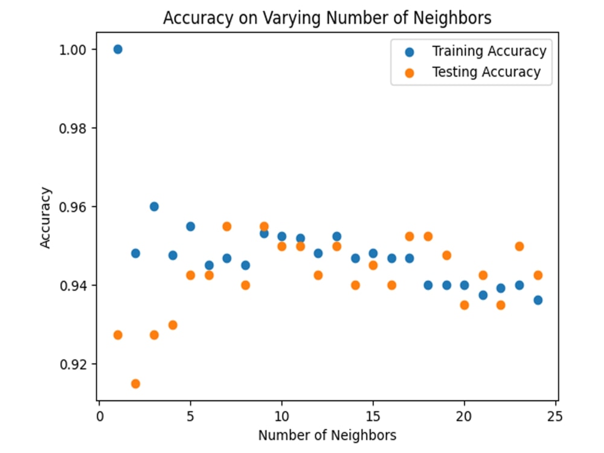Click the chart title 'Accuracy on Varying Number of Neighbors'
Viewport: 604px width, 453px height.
(327, 19)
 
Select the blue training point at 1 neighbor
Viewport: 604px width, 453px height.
(118, 50)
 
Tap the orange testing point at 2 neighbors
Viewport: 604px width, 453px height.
(135, 384)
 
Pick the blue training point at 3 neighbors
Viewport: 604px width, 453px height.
(154, 207)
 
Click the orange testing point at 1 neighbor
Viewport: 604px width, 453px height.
(118, 335)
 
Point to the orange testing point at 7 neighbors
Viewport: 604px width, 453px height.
(227, 226)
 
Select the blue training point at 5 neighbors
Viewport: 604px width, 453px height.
(190, 226)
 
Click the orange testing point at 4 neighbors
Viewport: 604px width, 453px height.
(172, 325)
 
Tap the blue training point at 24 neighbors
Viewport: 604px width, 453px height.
(538, 300)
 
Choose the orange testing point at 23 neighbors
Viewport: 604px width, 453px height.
(519, 246)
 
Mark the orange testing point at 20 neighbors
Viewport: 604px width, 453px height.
(464, 305)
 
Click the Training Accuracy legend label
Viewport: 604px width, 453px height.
(489, 51)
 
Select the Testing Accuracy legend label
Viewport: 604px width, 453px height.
(486, 72)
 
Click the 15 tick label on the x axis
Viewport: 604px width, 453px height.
(373, 416)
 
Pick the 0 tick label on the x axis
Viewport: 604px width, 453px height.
(100, 416)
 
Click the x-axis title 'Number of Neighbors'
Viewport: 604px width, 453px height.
(327, 435)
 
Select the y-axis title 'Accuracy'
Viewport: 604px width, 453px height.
(46, 217)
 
